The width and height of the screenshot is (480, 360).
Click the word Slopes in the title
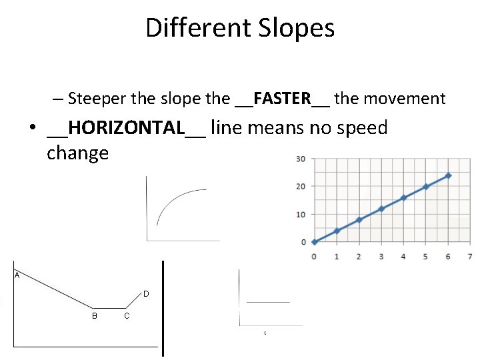point(293,28)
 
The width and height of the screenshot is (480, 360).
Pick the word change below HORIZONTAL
point(77,153)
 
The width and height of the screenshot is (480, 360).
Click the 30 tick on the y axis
point(301,159)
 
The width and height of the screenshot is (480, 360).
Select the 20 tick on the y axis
point(301,187)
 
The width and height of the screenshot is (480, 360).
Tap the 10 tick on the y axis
point(301,215)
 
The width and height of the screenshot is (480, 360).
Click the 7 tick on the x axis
point(470,257)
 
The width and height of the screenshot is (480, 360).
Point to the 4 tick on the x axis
point(403,257)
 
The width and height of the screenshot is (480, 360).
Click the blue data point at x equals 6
point(448,175)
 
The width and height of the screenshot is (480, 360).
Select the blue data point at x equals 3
point(381,209)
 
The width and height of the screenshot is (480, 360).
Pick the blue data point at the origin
point(314,242)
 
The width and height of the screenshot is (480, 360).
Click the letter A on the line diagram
point(16,275)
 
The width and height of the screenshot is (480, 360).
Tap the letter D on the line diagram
point(146,294)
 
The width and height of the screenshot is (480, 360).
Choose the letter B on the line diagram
point(95,315)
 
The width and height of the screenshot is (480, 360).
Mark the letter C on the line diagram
point(127,315)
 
